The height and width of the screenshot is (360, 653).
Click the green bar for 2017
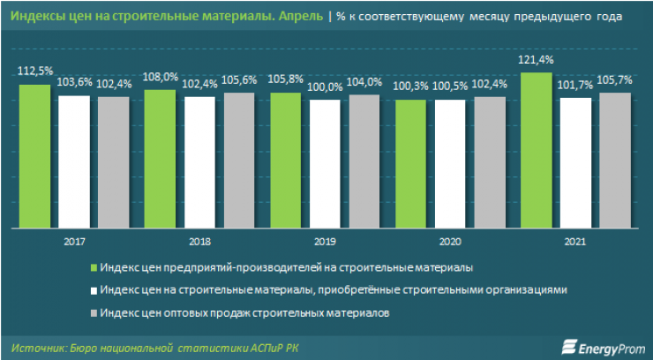[x=35, y=154]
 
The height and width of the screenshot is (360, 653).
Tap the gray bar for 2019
[x=365, y=160]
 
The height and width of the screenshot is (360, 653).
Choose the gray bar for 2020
[x=491, y=161]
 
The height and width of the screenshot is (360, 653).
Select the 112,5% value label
[x=35, y=76]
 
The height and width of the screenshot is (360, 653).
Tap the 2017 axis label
[x=75, y=240]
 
